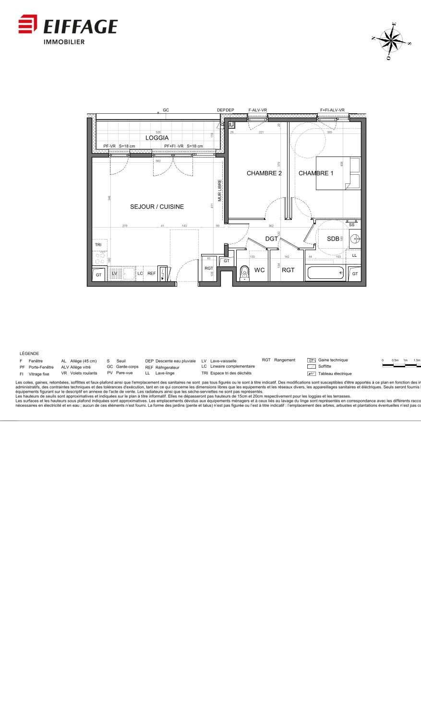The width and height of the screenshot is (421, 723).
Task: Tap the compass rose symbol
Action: tap(392, 41)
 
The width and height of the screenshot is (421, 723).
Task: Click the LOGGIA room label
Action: tap(157, 138)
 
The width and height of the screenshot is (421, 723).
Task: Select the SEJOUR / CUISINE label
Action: tap(157, 207)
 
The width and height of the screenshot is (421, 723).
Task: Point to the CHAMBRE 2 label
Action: tap(264, 173)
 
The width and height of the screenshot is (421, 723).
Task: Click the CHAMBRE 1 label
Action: tap(316, 173)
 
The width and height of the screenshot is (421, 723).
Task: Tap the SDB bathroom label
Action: tap(333, 239)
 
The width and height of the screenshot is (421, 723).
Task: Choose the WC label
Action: tap(259, 270)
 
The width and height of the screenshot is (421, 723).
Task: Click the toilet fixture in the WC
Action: tap(245, 272)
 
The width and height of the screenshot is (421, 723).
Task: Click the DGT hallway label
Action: tap(272, 239)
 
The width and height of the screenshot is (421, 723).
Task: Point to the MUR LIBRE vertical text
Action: tap(220, 191)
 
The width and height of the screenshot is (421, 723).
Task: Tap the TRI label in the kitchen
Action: tap(98, 245)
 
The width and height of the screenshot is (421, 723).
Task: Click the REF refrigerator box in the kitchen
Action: tap(151, 274)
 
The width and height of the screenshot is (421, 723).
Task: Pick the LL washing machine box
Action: tap(354, 255)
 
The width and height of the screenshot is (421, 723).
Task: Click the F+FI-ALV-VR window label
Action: tap(332, 110)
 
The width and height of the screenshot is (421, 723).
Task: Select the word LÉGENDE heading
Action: tap(29, 353)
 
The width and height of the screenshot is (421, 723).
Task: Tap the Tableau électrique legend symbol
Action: tap(311, 374)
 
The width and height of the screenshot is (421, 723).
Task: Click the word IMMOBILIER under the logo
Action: tap(64, 42)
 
